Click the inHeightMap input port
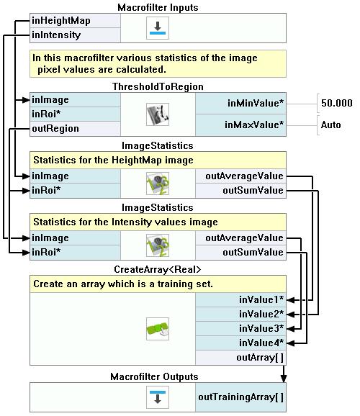(x=75, y=21)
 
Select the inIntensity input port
(x=75, y=35)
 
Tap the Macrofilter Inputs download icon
(x=158, y=28)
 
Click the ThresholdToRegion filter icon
(x=158, y=114)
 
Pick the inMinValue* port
(x=240, y=103)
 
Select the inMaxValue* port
(x=240, y=125)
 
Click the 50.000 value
(x=337, y=103)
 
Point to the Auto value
(x=330, y=125)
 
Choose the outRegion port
(x=75, y=129)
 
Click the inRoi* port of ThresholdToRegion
(x=75, y=114)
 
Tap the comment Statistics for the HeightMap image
(x=113, y=160)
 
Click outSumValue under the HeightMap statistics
(x=240, y=191)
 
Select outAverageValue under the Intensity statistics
(x=240, y=238)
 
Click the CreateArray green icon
(x=158, y=329)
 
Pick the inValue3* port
(x=240, y=329)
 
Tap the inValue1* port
(x=240, y=300)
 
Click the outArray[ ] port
(x=240, y=358)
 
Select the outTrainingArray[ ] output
(x=240, y=397)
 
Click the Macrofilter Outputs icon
(x=158, y=397)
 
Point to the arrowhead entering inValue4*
(x=291, y=343)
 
